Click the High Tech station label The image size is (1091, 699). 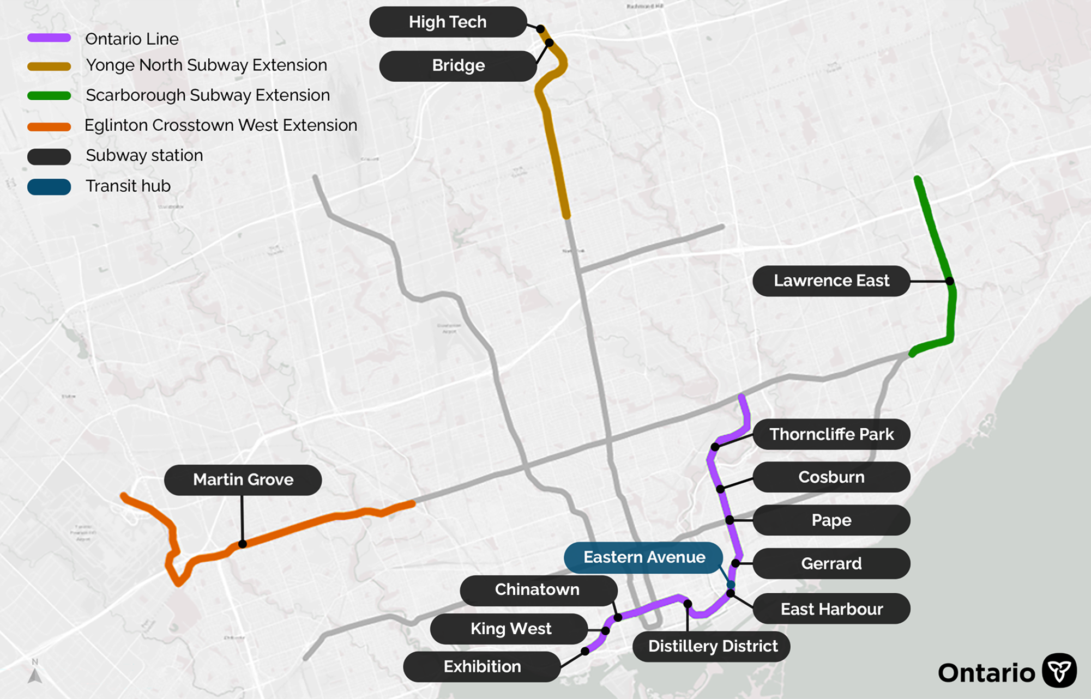pyautogui.click(x=448, y=22)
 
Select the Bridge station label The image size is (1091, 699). pyautogui.click(x=458, y=66)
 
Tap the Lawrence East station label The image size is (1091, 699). pyautogui.click(x=831, y=281)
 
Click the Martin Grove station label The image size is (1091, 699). pyautogui.click(x=243, y=479)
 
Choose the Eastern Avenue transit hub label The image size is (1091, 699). pyautogui.click(x=644, y=557)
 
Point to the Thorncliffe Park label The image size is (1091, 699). pyautogui.click(x=831, y=434)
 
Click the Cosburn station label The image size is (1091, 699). pyautogui.click(x=831, y=477)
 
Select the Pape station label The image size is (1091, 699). pyautogui.click(x=831, y=520)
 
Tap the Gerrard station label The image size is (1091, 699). pyautogui.click(x=831, y=563)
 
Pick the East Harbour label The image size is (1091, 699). pyautogui.click(x=831, y=609)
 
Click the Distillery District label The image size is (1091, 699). pyautogui.click(x=712, y=646)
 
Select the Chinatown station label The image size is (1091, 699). pyautogui.click(x=538, y=590)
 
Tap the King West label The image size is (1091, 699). pyautogui.click(x=510, y=629)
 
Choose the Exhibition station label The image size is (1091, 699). pyautogui.click(x=482, y=666)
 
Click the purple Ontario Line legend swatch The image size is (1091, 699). pyautogui.click(x=49, y=38)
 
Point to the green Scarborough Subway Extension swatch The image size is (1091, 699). pyautogui.click(x=49, y=96)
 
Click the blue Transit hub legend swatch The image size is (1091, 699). pyautogui.click(x=49, y=187)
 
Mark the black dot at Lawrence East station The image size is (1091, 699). pyautogui.click(x=950, y=281)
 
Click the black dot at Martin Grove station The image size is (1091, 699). pyautogui.click(x=243, y=544)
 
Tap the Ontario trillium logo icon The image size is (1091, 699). pyautogui.click(x=1059, y=671)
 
